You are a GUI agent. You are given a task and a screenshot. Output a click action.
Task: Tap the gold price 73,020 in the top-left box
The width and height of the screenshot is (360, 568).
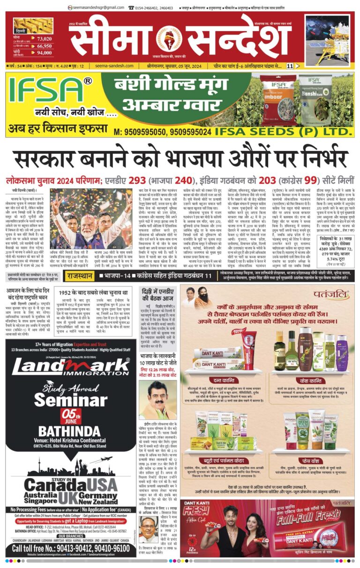44,39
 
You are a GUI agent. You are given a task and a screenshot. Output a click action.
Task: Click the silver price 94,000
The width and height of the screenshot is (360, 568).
44,53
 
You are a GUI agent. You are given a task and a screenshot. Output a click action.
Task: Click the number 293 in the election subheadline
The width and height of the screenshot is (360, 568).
139,180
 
